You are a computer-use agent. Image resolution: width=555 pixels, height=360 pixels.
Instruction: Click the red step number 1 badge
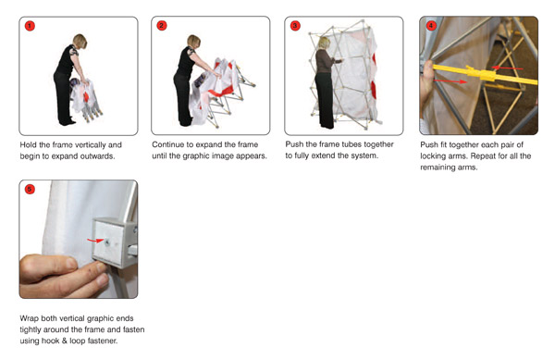coord(30,26)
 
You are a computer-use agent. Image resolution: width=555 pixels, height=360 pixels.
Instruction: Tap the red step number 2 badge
coord(161,26)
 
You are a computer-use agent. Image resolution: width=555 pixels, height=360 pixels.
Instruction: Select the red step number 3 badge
coord(295,26)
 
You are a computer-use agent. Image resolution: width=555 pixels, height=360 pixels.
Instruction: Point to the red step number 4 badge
coord(430,26)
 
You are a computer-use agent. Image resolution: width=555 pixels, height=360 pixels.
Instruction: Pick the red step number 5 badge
coord(30,189)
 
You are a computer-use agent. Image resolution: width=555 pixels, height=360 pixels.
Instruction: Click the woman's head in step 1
coord(80,41)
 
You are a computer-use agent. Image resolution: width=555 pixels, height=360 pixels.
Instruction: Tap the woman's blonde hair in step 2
coord(193,41)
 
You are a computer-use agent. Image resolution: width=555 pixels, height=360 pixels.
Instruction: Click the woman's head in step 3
coord(324,43)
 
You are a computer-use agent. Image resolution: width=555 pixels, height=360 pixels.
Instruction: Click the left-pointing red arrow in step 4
coord(507,68)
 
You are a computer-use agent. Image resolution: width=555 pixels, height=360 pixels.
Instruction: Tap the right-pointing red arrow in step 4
coord(450,81)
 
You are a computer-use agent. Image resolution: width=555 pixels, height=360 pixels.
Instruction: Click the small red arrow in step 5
coord(95,241)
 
